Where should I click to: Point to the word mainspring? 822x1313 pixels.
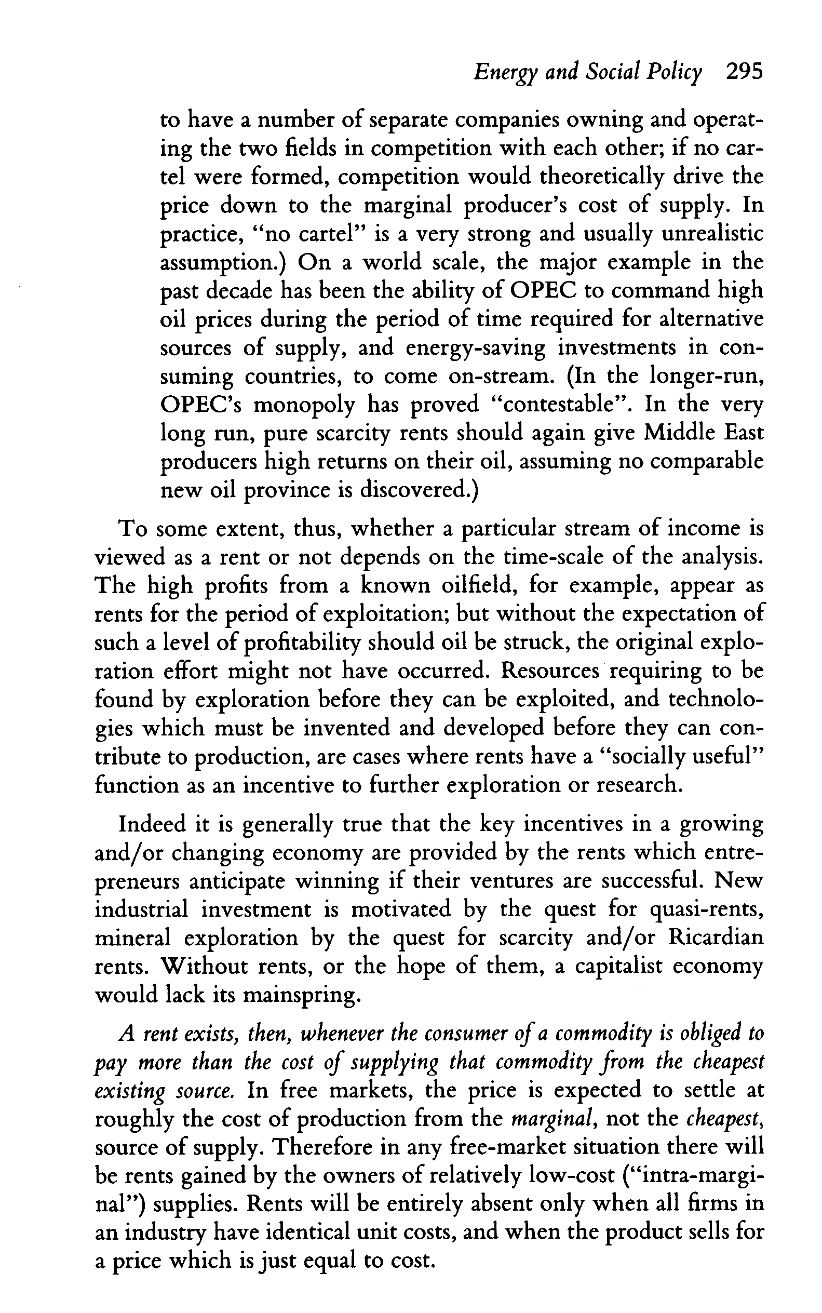tap(300, 996)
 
